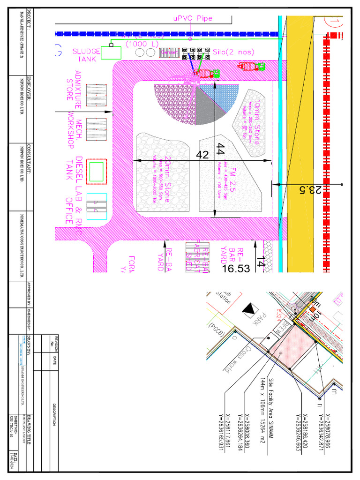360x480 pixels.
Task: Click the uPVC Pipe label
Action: pyautogui.click(x=193, y=18)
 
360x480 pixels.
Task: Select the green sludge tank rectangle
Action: pyautogui.click(x=111, y=53)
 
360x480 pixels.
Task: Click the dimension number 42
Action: pyautogui.click(x=202, y=155)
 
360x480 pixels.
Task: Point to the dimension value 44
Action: pyautogui.click(x=221, y=149)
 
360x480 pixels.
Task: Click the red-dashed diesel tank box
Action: pyautogui.click(x=97, y=170)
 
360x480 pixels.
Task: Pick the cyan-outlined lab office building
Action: pyautogui.click(x=97, y=206)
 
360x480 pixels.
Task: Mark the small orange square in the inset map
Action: pyautogui.click(x=313, y=310)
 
